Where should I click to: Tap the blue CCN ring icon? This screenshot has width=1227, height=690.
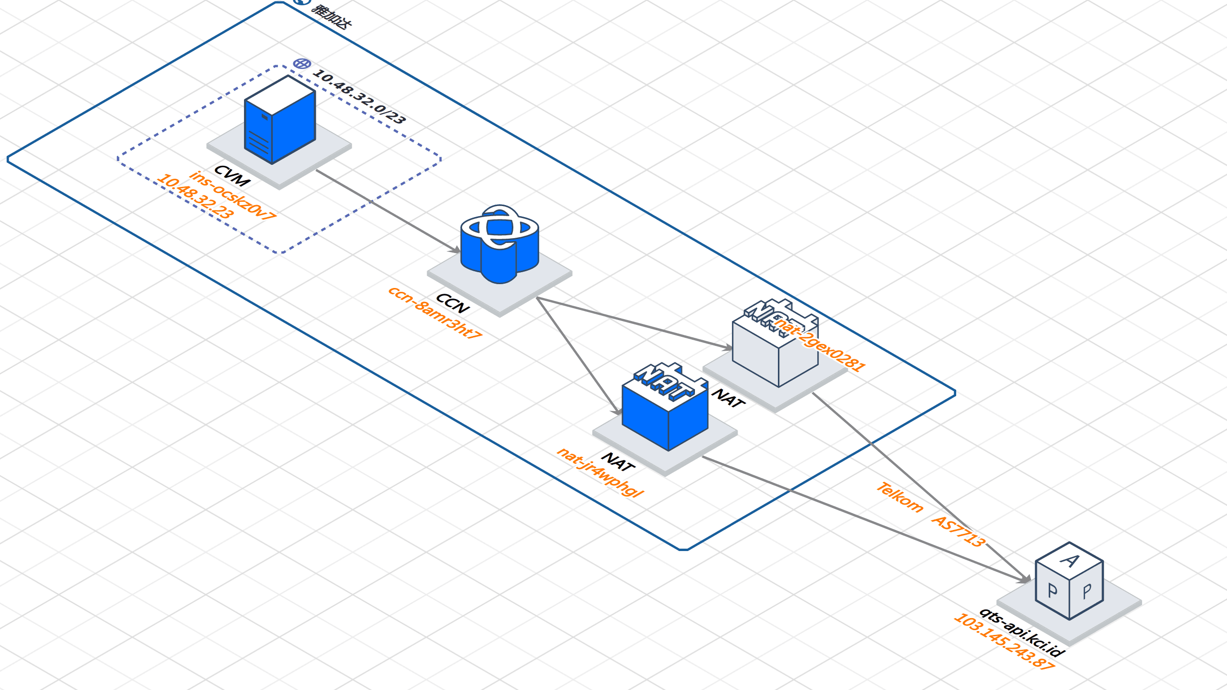(x=499, y=244)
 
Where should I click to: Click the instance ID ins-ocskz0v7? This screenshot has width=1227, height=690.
(x=232, y=196)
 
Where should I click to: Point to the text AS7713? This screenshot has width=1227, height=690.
(x=958, y=531)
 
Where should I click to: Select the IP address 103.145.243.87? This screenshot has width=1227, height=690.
(x=1004, y=642)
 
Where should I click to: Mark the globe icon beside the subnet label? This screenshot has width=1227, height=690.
(x=302, y=64)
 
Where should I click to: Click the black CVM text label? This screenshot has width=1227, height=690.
(x=232, y=175)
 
